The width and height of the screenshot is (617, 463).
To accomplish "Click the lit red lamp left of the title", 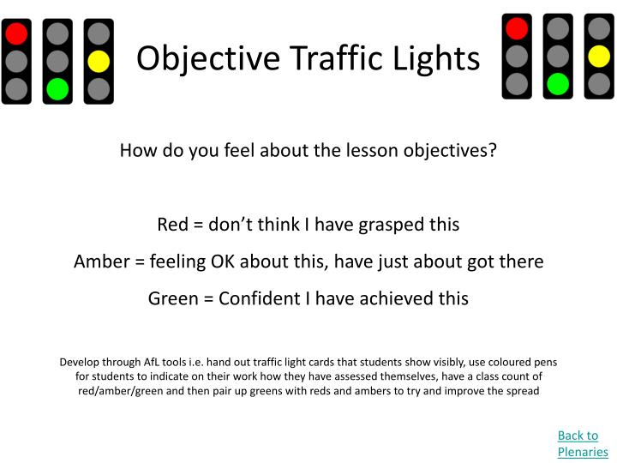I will pyautogui.click(x=17, y=33).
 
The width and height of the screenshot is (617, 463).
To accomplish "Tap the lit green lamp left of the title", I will pyautogui.click(x=57, y=88).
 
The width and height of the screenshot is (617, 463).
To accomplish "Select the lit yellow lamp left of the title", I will pyautogui.click(x=99, y=61).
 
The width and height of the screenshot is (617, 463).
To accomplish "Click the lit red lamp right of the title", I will pyautogui.click(x=517, y=28).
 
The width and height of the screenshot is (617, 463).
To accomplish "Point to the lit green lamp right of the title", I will pyautogui.click(x=558, y=83).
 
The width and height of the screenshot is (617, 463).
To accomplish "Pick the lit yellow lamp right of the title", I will pyautogui.click(x=599, y=57).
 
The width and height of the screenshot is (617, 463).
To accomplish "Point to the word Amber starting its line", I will pyautogui.click(x=100, y=262).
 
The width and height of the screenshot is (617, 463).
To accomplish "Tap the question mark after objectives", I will pyautogui.click(x=493, y=150).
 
